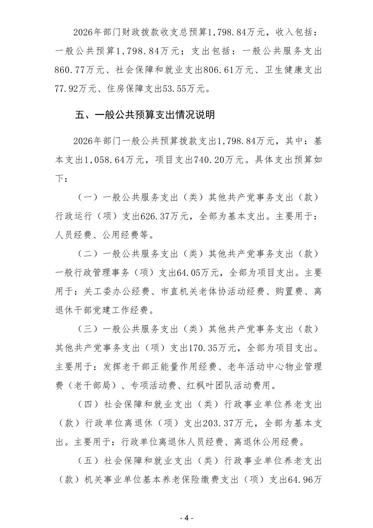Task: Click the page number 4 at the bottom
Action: (186, 518)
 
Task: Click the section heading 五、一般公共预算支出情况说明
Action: (145, 115)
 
